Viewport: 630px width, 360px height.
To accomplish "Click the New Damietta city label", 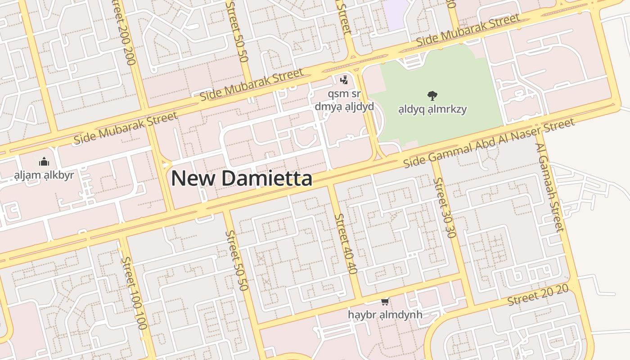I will point(242,178).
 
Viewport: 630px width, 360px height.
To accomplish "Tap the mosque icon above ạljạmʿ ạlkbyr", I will point(44,162).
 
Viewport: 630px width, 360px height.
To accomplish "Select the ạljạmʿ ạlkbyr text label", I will point(44,175).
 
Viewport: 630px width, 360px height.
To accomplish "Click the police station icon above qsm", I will point(344,80).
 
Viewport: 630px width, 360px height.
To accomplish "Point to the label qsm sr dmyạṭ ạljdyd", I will point(344,100).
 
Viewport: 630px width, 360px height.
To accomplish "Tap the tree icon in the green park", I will point(432,95).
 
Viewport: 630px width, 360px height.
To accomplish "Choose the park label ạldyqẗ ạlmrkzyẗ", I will point(432,109).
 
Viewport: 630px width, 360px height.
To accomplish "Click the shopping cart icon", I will point(385,301).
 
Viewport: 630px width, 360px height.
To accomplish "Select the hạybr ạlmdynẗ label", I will point(385,314).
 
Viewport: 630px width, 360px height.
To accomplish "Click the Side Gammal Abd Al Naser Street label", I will point(489,142).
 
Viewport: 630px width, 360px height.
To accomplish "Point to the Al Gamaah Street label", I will point(549,187).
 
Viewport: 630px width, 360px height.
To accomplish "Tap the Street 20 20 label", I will point(538,295).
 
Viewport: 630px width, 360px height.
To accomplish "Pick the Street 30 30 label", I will point(445,207).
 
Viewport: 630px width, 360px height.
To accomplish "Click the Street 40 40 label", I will point(346,243).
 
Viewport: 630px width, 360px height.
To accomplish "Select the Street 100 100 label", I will point(134,293).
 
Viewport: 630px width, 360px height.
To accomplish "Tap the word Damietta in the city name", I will point(267,178).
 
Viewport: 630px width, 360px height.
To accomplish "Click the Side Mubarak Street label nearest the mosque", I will point(126,128).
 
